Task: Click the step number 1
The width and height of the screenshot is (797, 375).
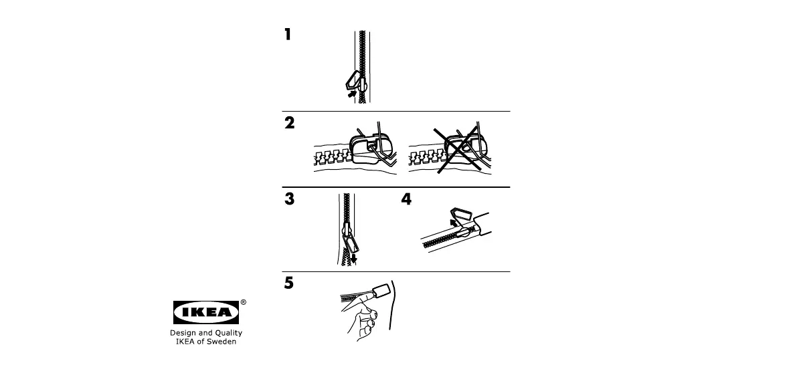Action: pos(288,35)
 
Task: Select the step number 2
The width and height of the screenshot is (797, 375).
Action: pos(289,123)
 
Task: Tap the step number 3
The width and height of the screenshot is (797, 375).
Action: pos(289,199)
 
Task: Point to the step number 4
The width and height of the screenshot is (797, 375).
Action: pos(406,199)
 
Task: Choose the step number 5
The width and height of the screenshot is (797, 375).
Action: pos(288,283)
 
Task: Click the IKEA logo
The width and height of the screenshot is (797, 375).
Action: pos(206,312)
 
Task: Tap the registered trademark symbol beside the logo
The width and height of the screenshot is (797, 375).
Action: pos(243,302)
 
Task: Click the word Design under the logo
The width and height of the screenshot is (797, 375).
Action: pos(181,333)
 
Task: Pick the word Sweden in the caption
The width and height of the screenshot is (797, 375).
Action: pos(224,342)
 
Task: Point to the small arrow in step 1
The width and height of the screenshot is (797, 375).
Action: pos(352,94)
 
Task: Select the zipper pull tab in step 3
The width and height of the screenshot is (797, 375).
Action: pos(351,243)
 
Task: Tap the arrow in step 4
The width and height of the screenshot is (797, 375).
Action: pos(454,223)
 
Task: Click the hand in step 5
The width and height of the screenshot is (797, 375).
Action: pos(362,320)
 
